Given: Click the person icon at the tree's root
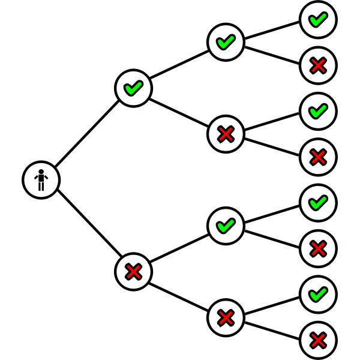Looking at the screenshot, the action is tap(41, 179).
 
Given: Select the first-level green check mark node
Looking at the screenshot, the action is tap(133, 88).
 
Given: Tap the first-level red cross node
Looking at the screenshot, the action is tap(133, 271).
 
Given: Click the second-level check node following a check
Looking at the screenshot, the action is tap(226, 42).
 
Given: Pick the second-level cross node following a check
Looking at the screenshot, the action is tap(226, 134).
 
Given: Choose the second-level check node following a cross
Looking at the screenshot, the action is tap(226, 226).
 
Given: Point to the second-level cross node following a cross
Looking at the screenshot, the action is tap(226, 317).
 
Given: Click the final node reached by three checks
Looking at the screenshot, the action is tap(318, 19).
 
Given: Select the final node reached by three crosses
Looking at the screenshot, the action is tap(318, 340).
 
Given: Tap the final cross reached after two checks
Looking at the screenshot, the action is tap(318, 65).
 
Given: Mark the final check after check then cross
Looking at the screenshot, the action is tap(318, 111).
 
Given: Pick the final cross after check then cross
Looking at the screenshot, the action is tap(318, 157).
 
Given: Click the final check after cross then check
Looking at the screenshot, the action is tap(318, 203).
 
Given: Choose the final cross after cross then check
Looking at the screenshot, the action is tap(318, 248).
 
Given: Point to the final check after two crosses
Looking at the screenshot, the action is tap(318, 294).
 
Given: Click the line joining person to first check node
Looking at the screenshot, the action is tap(87, 134).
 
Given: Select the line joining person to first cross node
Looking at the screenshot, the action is tap(87, 226).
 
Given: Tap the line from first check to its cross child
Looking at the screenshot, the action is tap(179, 111).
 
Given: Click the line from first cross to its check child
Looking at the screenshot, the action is tap(179, 248).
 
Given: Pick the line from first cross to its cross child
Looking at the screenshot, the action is tap(179, 295).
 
